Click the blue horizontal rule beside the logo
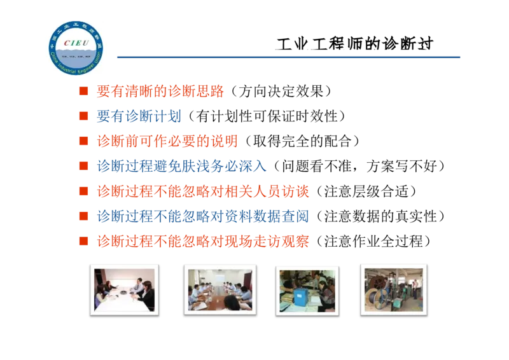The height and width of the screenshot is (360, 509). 286,59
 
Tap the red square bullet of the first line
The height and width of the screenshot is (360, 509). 82,92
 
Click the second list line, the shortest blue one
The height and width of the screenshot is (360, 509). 139,116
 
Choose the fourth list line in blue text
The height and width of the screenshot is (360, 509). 181,166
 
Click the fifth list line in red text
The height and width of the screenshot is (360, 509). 202,191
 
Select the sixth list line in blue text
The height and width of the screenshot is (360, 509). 202,216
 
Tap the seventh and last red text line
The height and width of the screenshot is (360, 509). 202,242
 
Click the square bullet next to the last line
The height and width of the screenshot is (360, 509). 82,241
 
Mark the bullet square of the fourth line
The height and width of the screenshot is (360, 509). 82,166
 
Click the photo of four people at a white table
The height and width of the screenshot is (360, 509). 125,289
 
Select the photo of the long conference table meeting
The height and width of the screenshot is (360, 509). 220,289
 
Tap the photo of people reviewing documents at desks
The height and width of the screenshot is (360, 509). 307,290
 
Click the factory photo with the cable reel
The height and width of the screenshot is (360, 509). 393,289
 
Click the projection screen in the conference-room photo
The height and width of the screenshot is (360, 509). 221,276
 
